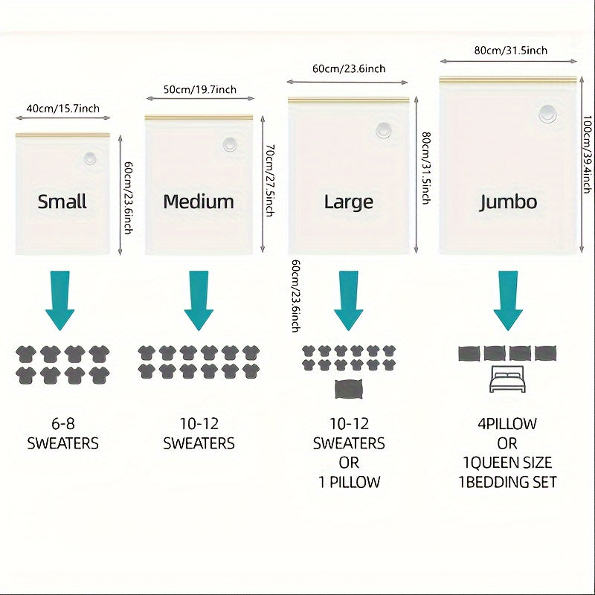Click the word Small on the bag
pos(62,202)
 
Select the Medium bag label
pos(199,202)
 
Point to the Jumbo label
pos(508,202)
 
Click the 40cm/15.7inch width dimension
pos(62,109)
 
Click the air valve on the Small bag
pos(91,158)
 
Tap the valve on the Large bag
pos(384,129)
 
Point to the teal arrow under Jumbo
pos(508,300)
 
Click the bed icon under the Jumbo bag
pos(508,379)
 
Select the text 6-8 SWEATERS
pos(62,434)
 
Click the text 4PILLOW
pos(508,424)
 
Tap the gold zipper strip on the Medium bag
pos(199,117)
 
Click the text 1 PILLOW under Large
pos(349,482)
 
